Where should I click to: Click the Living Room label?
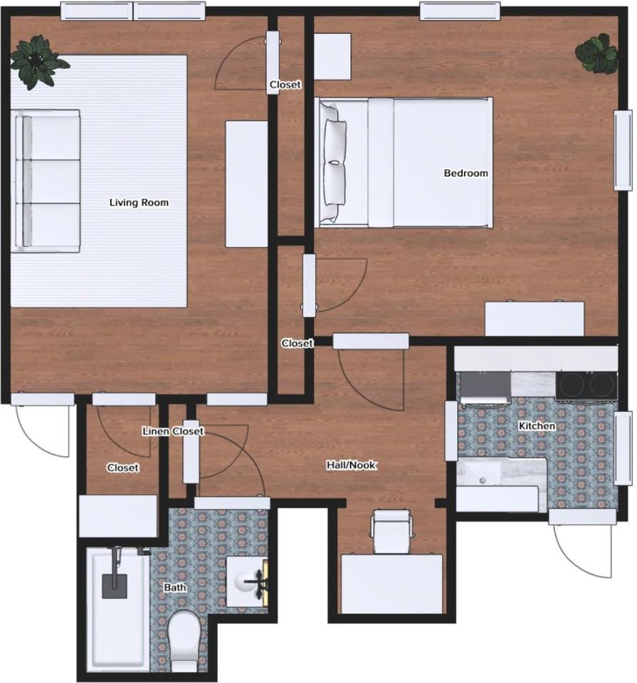point(139,203)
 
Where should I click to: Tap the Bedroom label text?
point(466,173)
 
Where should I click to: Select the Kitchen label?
point(537,426)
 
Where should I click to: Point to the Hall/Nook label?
point(351,465)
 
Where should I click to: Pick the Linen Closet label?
point(173,431)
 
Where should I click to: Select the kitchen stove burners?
point(587,385)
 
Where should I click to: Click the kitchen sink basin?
point(485,474)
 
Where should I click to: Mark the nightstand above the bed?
point(332,56)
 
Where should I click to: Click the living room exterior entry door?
point(43,427)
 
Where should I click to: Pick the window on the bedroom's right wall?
point(623,150)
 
